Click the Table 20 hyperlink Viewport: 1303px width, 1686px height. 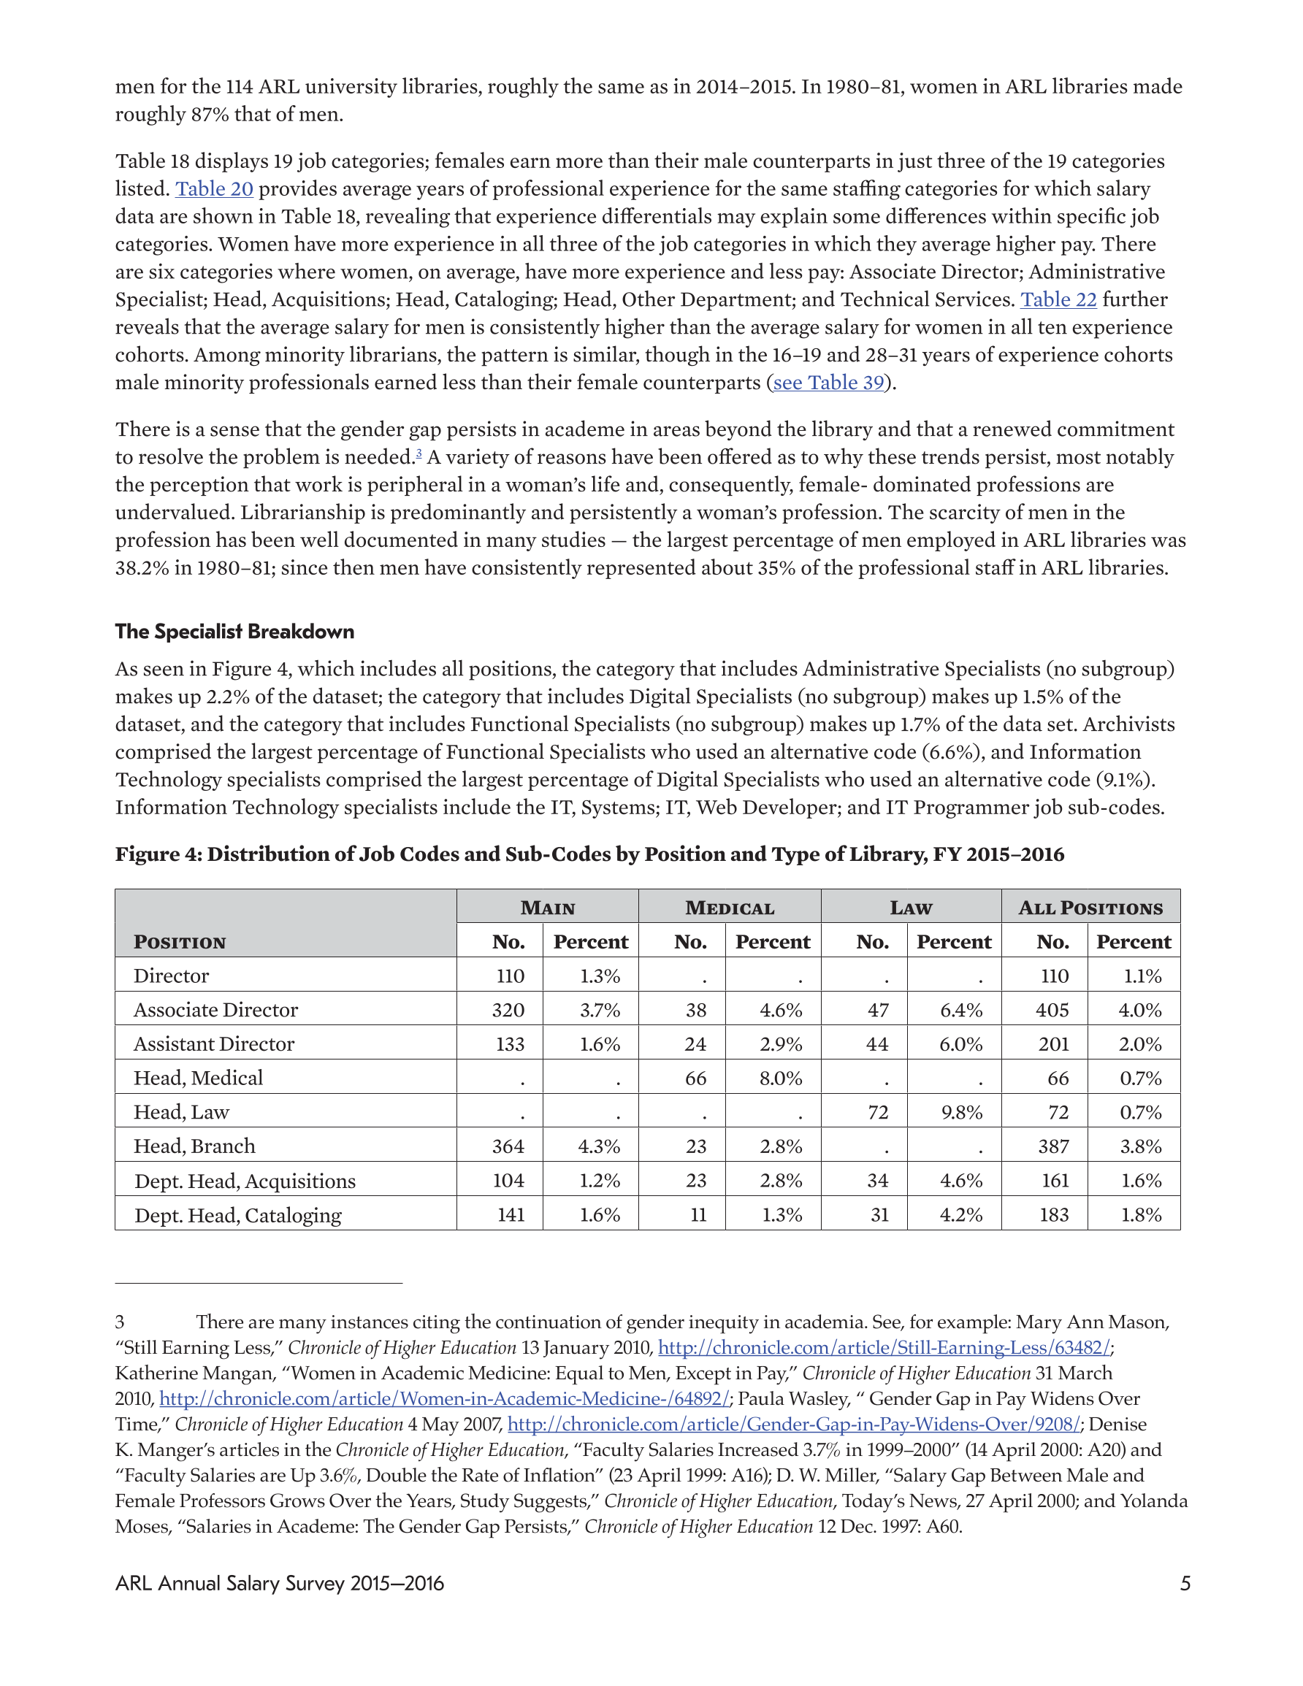[214, 189]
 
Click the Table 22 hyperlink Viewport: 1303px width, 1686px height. [1058, 299]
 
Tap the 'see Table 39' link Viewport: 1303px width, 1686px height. [828, 383]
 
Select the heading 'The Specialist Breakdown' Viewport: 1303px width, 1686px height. [234, 632]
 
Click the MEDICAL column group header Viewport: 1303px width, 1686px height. [729, 908]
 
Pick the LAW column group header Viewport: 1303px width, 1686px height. [911, 908]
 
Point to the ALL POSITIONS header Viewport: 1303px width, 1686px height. [1090, 908]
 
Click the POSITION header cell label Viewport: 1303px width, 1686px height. [180, 943]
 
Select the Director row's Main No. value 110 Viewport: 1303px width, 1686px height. [510, 976]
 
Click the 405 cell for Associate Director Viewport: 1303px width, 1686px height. [1052, 1011]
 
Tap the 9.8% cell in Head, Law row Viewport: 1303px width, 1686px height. [961, 1112]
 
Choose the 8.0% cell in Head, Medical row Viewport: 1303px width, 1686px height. [780, 1078]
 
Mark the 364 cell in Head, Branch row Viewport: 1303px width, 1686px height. [508, 1146]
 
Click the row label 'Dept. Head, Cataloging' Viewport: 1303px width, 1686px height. [238, 1216]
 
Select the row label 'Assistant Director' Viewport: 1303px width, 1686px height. [214, 1044]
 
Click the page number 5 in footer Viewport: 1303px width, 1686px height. [1185, 1584]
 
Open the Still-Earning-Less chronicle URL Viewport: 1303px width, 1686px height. [884, 1348]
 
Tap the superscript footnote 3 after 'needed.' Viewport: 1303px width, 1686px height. [419, 454]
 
